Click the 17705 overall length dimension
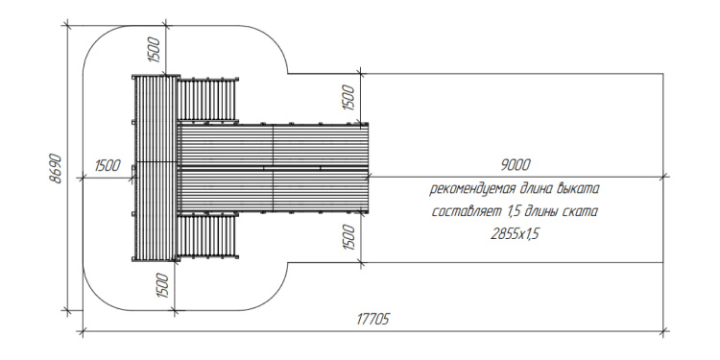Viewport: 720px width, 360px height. coord(372,319)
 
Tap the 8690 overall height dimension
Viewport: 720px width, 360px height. coord(56,169)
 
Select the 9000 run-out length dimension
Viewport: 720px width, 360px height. coord(516,165)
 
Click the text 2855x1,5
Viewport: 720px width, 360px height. coord(515,234)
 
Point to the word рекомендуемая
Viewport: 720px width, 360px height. coord(470,189)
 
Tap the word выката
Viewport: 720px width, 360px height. coord(578,189)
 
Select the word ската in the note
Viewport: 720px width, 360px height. coord(582,212)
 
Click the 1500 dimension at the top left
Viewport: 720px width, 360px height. coord(155,49)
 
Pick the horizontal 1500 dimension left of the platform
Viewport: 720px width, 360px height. coord(108,165)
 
